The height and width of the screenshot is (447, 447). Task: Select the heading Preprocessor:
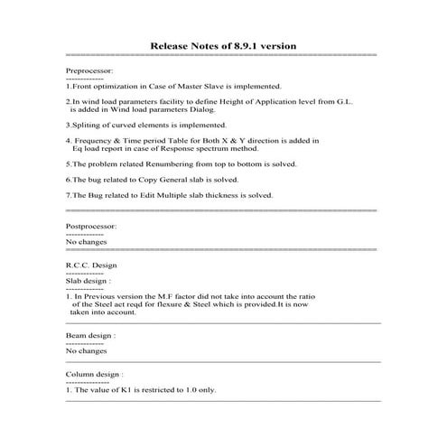[x=90, y=69]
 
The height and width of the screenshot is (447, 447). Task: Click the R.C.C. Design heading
[x=91, y=265]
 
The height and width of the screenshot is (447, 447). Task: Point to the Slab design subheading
[x=88, y=281]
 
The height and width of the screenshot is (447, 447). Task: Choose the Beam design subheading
[x=91, y=335]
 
